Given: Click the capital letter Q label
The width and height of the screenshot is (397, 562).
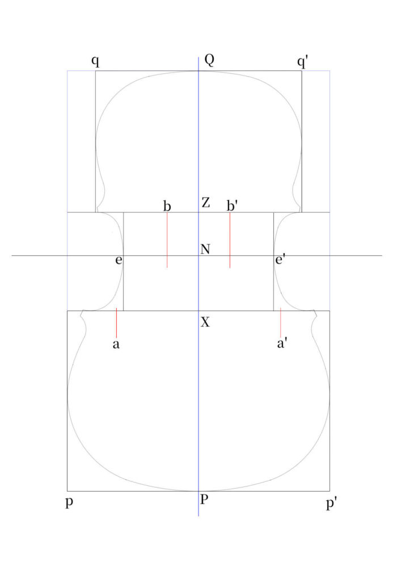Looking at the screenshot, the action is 209,60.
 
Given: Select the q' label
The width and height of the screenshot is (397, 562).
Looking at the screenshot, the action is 302,62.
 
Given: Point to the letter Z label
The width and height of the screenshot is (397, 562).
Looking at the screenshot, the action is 205,203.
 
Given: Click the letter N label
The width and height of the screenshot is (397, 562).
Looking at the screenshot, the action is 205,249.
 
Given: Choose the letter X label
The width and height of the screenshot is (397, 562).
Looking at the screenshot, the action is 205,322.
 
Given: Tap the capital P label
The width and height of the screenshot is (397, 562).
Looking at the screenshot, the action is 204,500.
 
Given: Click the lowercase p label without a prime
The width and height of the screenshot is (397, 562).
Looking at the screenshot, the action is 69,502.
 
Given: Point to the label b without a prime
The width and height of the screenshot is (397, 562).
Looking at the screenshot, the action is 167,206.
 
